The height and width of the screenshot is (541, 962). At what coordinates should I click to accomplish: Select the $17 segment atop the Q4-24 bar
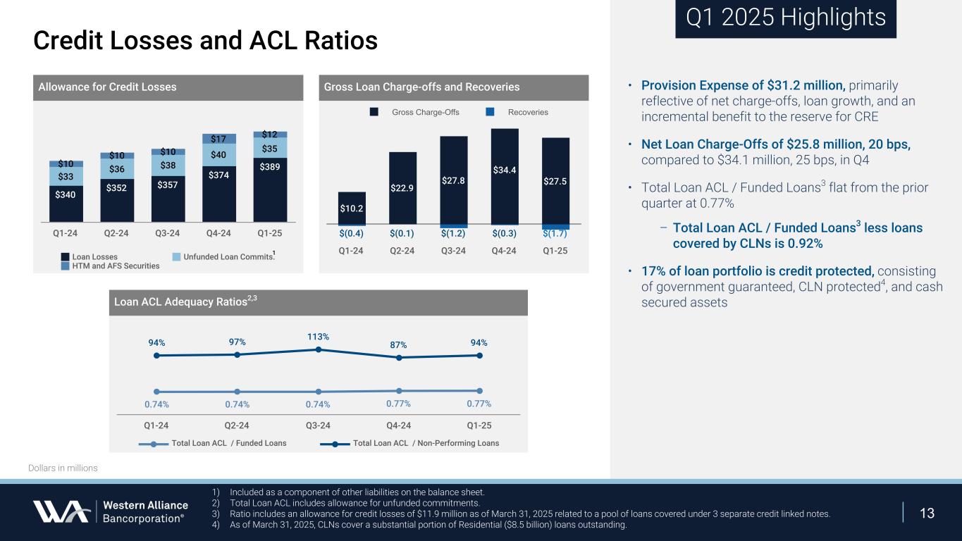click(219, 139)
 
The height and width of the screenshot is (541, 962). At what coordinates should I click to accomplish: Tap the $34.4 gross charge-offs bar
click(505, 176)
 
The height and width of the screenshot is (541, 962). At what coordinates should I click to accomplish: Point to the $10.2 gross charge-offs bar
click(352, 208)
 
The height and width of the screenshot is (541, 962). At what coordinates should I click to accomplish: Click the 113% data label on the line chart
click(319, 337)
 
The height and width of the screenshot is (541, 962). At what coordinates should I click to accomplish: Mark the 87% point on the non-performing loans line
click(399, 357)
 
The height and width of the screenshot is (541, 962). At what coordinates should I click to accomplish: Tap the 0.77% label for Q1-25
click(479, 404)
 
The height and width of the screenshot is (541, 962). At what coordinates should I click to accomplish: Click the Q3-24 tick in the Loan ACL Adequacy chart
click(319, 425)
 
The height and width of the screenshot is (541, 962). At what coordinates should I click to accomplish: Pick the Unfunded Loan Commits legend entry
click(219, 257)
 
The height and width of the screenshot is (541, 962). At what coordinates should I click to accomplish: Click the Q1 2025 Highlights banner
click(785, 18)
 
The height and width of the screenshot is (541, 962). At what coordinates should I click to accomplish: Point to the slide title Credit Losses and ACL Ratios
click(205, 41)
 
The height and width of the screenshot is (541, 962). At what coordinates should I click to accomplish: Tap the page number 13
click(927, 513)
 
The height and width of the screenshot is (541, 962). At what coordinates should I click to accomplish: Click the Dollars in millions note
click(63, 468)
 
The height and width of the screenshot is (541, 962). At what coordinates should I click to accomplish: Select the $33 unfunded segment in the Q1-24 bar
click(66, 178)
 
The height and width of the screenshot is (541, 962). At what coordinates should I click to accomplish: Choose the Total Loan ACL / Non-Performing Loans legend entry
click(416, 443)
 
